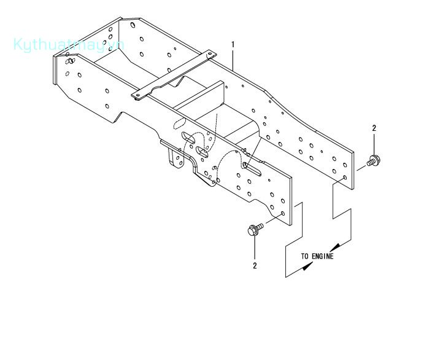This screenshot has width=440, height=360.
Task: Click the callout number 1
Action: (233, 45)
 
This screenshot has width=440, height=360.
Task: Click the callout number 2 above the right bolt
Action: (374, 128)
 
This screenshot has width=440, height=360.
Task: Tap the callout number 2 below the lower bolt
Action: (255, 265)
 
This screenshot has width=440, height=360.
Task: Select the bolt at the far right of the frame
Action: (373, 161)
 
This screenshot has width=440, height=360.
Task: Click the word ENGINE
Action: (323, 256)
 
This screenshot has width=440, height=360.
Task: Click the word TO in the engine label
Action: (305, 256)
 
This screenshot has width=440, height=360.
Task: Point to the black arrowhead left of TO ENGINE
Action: (307, 266)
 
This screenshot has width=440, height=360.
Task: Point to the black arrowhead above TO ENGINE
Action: (335, 248)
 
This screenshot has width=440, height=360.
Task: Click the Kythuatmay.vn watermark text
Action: (69, 45)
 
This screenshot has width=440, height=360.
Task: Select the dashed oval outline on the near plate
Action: (180, 123)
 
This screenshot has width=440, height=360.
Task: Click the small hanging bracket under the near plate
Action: (176, 158)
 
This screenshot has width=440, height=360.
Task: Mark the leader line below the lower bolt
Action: (255, 248)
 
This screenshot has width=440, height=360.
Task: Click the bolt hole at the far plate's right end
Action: (345, 178)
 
